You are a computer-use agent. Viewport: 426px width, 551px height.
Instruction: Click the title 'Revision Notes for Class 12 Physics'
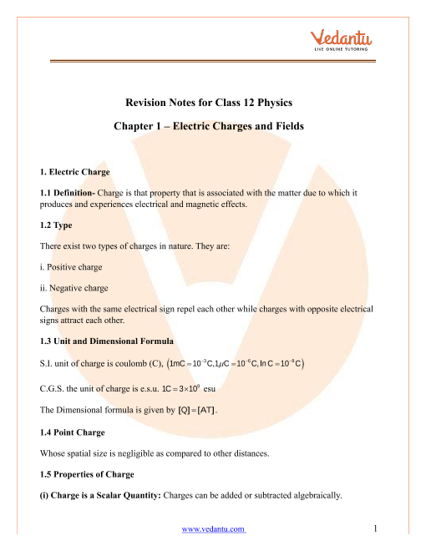[x=213, y=104]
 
